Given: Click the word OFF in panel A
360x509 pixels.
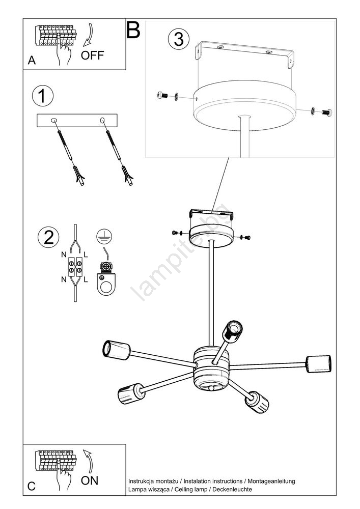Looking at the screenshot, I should (92, 55).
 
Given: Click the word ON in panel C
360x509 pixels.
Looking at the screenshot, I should (90, 480).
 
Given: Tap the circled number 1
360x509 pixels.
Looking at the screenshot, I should (43, 96).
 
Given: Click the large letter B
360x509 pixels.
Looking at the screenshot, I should (133, 30).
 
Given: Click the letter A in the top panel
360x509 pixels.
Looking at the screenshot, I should (32, 61).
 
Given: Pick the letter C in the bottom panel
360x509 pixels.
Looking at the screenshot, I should (32, 486).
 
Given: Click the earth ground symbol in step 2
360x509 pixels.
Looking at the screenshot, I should (104, 236).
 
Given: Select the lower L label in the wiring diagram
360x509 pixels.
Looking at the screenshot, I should (86, 279).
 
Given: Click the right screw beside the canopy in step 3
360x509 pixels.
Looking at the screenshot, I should (326, 111).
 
